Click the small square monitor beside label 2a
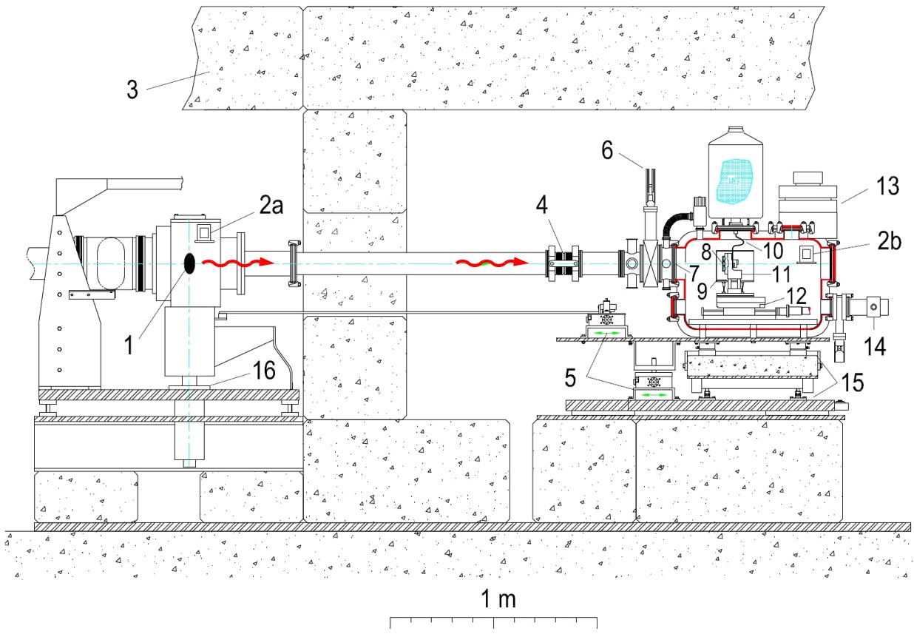(x=204, y=233)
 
